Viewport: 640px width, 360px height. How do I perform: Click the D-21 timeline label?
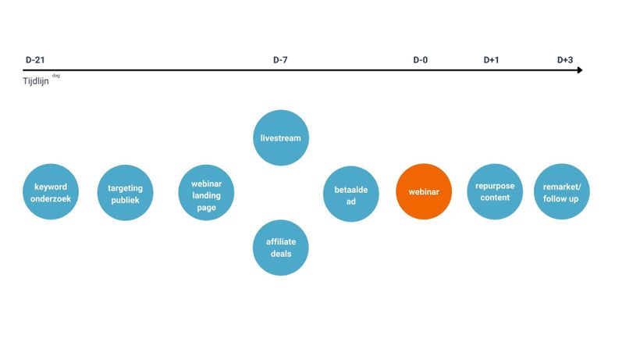35,60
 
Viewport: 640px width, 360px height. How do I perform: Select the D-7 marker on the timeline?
280,60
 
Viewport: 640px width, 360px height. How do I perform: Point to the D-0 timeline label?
421,60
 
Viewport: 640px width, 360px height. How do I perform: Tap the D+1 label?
491,60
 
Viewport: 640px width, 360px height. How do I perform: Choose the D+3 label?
565,60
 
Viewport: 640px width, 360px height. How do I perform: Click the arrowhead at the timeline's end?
580,70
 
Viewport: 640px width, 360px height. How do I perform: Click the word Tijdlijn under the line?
36,80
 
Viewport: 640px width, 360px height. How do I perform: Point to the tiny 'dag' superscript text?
56,76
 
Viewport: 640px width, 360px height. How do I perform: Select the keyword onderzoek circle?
51,192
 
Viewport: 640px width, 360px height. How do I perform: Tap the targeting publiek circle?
126,193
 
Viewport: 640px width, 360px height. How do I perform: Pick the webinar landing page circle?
206,193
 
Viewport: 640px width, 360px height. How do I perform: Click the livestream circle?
281,138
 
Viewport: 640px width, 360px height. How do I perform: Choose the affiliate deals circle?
281,248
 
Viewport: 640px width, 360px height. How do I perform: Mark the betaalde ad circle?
351,194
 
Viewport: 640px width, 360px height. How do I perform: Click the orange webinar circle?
424,192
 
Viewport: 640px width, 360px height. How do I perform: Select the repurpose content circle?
495,192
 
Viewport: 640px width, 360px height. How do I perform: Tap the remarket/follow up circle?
562,192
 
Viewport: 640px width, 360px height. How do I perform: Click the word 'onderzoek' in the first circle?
51,199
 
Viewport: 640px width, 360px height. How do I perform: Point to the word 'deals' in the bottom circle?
281,254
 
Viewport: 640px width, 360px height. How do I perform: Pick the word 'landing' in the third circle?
207,196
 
